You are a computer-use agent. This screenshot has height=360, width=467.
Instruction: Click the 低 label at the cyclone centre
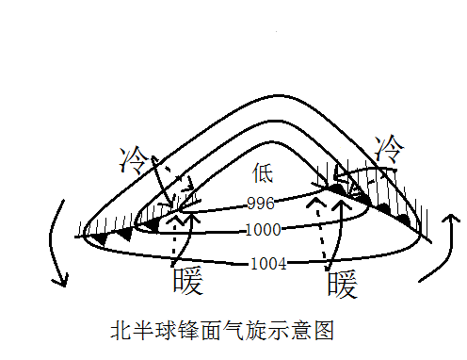point(263,172)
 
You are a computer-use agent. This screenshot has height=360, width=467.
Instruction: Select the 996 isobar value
point(259,204)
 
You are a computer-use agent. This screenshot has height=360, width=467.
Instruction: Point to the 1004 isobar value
point(267,264)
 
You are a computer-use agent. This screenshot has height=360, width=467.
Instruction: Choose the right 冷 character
point(388,149)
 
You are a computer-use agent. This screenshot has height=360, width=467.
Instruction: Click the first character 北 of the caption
point(120,331)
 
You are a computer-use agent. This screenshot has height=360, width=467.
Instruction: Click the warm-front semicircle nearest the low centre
point(336,188)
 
